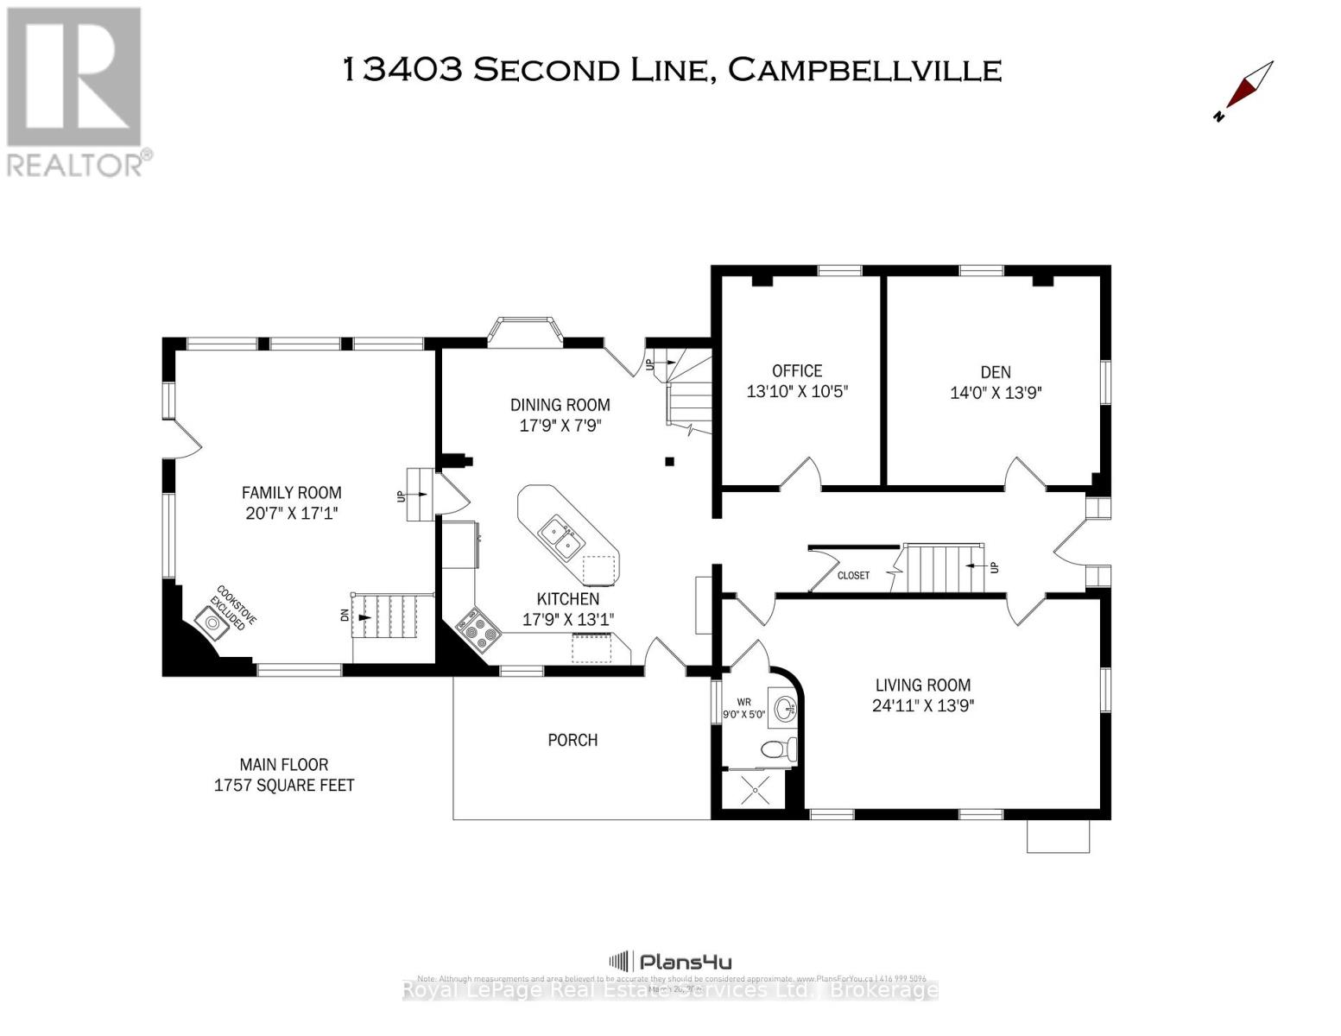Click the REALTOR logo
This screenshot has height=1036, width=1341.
coord(76,92)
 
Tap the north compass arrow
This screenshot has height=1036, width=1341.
coord(1247,90)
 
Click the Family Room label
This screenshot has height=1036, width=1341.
coord(291,492)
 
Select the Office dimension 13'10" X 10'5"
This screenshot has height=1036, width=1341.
coord(797,391)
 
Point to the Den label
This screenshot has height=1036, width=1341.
coord(996,372)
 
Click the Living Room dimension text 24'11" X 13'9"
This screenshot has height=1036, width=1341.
coord(923,705)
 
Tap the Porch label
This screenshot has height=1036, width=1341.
coord(572,740)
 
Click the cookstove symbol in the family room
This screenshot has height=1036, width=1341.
coord(212,622)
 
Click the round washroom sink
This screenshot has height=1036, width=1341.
coord(786,710)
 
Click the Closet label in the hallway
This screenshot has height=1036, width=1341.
coord(853,575)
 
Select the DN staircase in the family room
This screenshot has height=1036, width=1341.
coord(391,617)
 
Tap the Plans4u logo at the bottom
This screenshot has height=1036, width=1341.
coord(671,962)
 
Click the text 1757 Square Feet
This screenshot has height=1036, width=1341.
coord(284,785)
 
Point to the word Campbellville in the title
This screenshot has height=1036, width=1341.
coord(864,70)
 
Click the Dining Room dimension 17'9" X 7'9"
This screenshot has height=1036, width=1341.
coord(560,425)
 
